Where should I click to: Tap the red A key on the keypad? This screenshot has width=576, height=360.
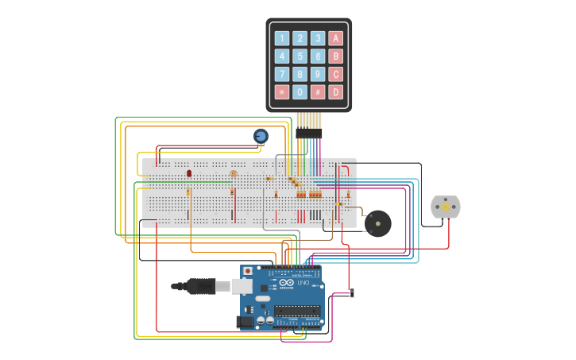coord(336,38)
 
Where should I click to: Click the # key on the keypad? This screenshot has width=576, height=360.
coord(318,91)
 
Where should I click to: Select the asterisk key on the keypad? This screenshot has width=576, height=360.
coord(282,91)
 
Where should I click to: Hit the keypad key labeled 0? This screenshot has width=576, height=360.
coord(300,91)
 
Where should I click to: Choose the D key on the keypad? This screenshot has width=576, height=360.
coord(336,91)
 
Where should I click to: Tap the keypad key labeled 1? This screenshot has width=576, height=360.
coord(282,38)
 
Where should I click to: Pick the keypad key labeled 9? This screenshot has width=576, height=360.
coord(318,74)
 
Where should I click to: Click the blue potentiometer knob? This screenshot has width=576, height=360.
coord(261,136)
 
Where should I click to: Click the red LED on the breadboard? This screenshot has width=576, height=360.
coord(189,172)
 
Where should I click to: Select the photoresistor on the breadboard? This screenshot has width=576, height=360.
coord(233,173)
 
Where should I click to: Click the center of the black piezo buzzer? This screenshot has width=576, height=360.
coord(377,223)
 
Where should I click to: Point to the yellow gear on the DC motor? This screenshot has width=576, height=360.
coord(446,207)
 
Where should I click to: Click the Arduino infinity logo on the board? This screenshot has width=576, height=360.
coord(286,283)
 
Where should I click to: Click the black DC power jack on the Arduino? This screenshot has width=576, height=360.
coord(245,321)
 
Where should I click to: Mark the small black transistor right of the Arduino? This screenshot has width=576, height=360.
coord(352,293)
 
